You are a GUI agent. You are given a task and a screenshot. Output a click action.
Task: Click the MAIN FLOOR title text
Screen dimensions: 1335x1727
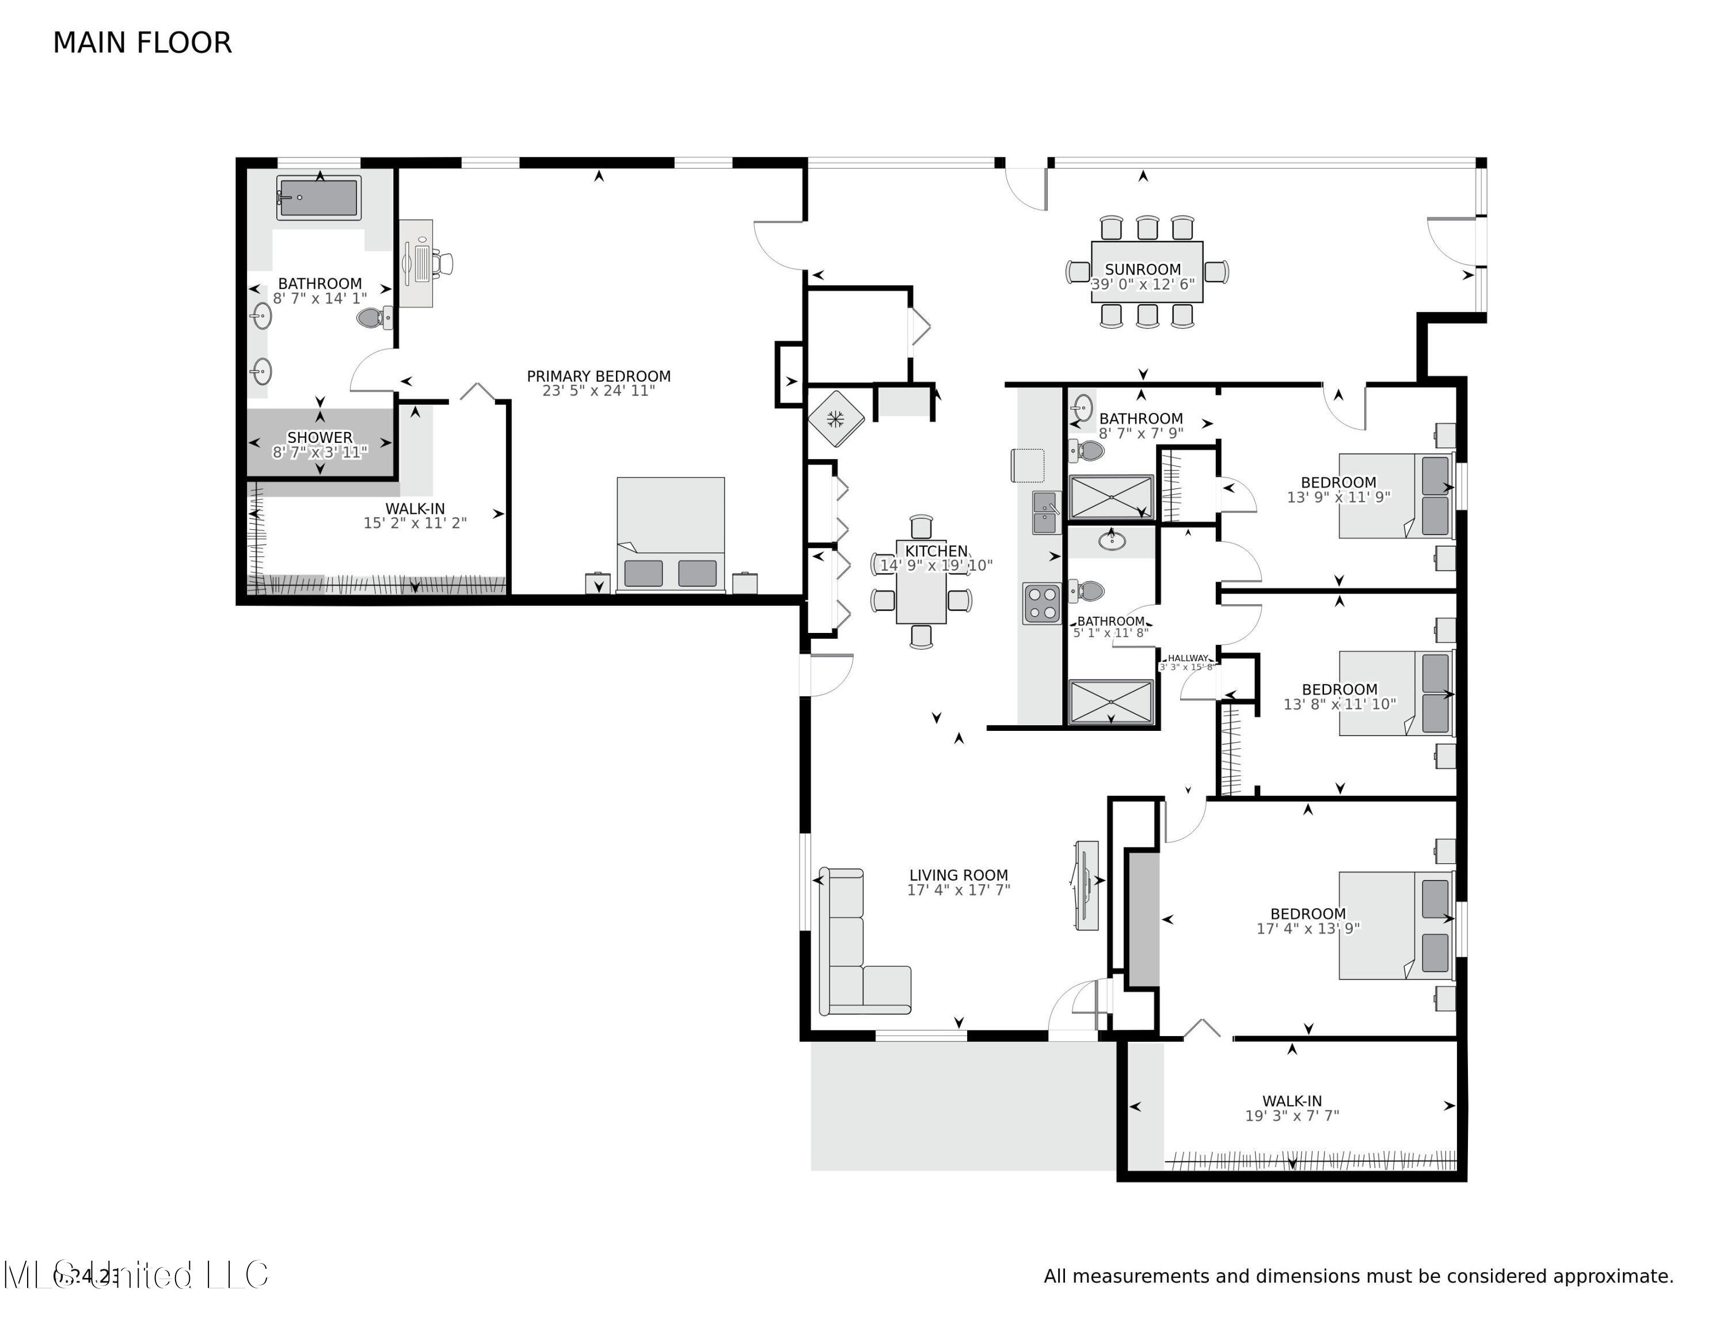[142, 43]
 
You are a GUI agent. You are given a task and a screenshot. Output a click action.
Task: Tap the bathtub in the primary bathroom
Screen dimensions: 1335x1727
[319, 197]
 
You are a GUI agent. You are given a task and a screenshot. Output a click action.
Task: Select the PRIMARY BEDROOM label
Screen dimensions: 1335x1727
[599, 377]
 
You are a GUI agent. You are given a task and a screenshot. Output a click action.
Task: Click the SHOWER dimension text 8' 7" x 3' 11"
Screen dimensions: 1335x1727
[319, 452]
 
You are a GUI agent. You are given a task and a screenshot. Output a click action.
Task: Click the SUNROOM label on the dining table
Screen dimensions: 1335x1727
[1142, 269]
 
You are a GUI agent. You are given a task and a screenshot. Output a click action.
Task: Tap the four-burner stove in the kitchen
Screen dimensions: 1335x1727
[1041, 602]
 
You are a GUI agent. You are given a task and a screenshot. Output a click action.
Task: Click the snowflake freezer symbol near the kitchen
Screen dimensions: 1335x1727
[836, 419]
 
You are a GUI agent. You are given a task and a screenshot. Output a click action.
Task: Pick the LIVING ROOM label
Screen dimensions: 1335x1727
[958, 875]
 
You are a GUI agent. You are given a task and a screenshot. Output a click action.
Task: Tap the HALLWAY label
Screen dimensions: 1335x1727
[1188, 658]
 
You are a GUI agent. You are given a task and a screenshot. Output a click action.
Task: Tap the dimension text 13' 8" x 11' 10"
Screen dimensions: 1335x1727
[1339, 704]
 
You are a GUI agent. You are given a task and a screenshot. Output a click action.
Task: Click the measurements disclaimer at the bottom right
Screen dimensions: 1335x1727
[1358, 1276]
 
